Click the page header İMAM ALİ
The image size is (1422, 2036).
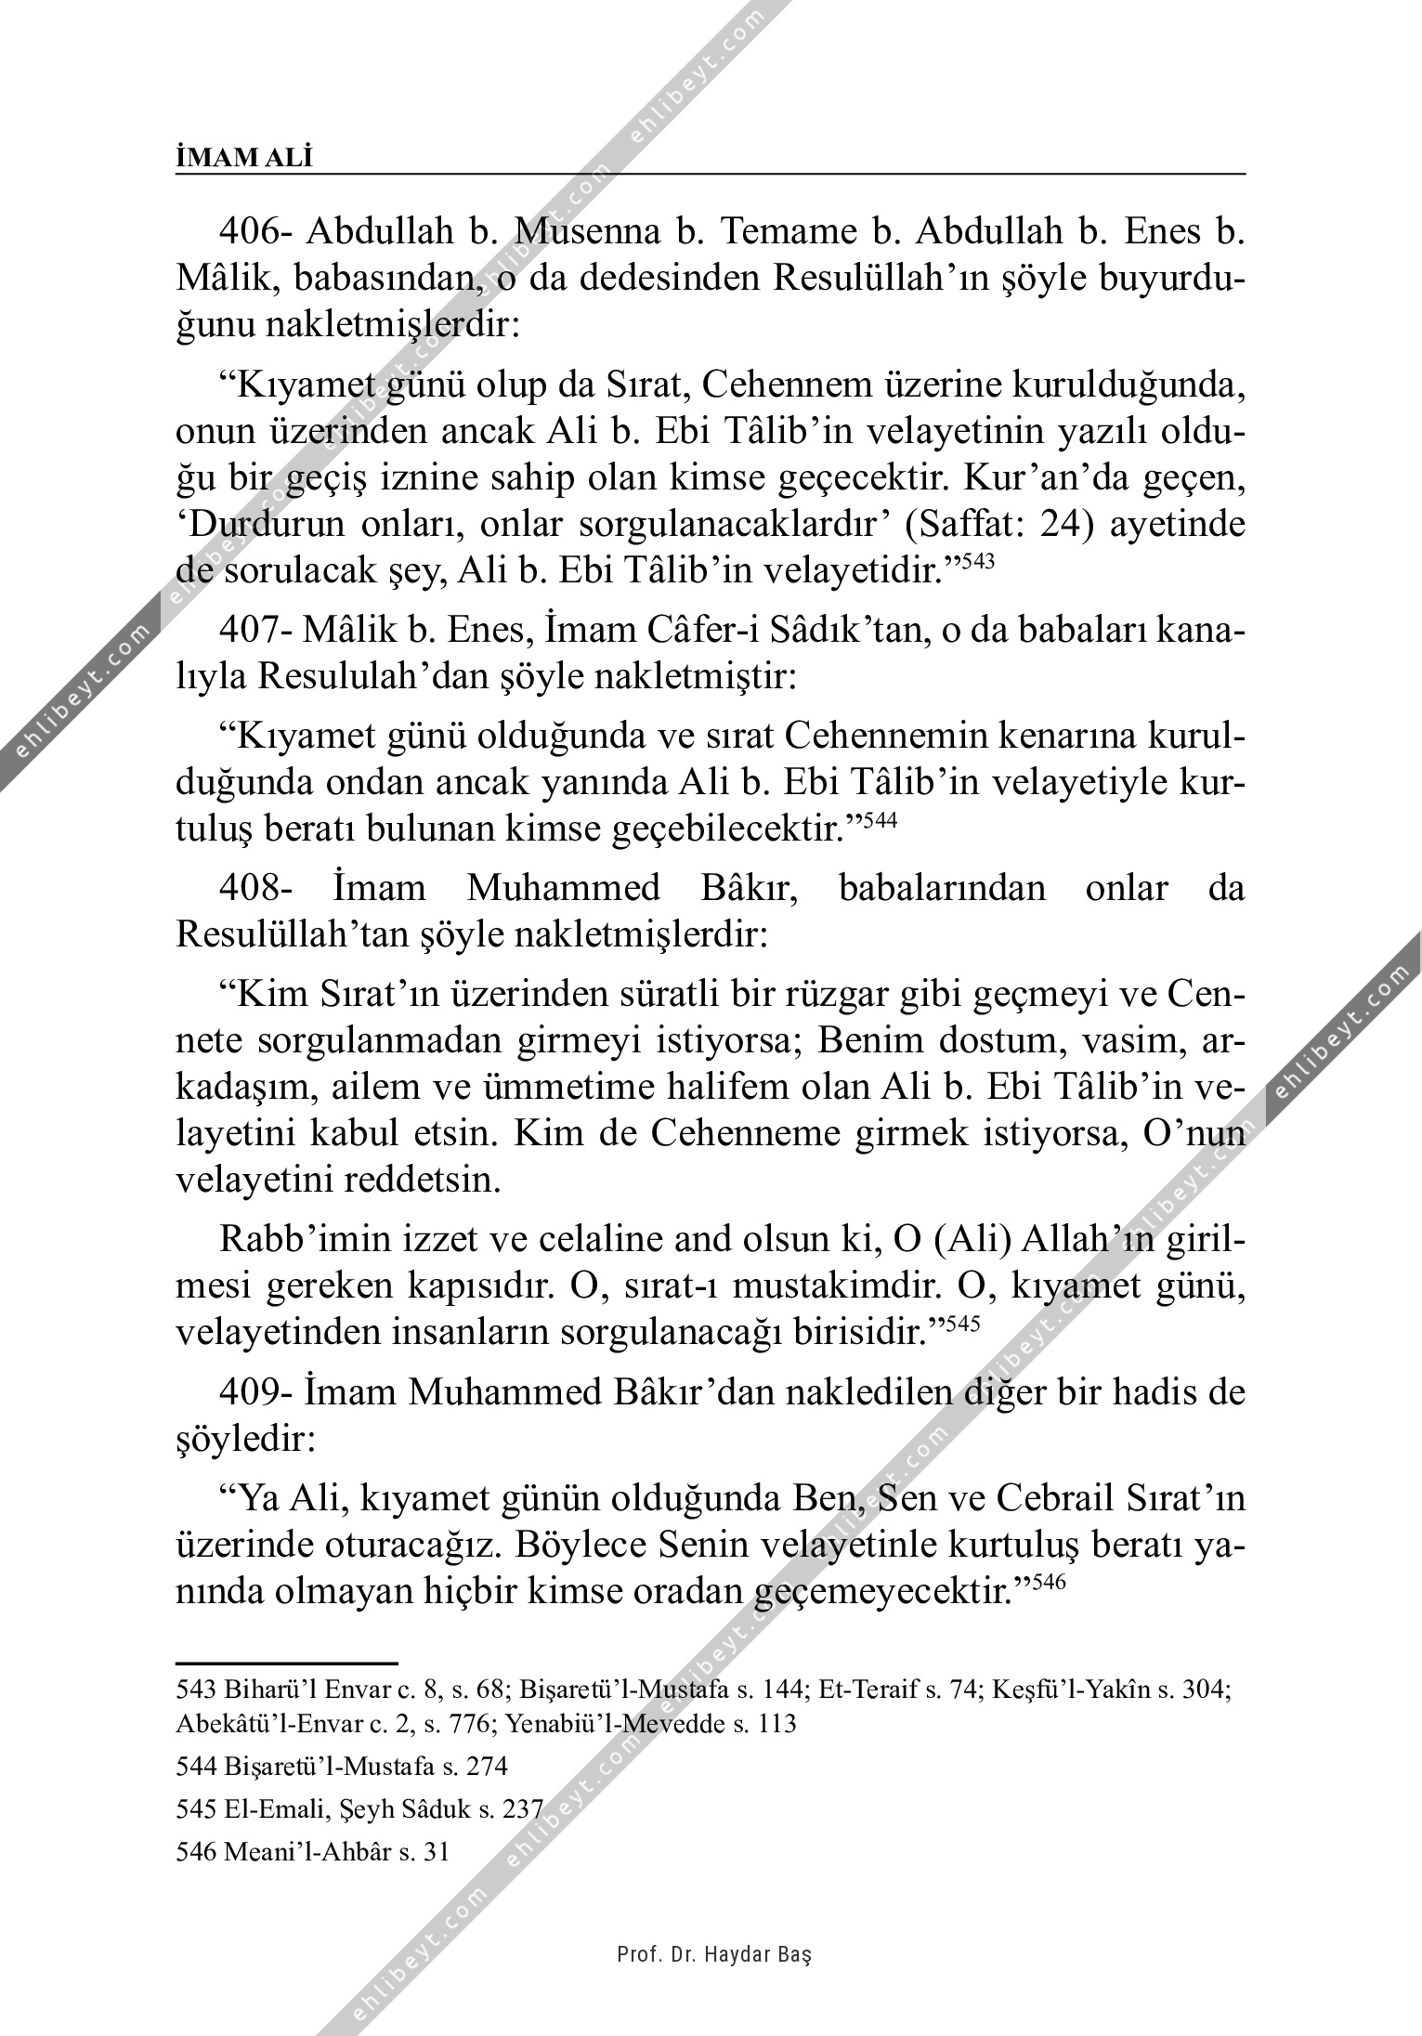[x=244, y=159]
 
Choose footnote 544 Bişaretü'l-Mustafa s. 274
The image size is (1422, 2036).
[x=342, y=1766]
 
